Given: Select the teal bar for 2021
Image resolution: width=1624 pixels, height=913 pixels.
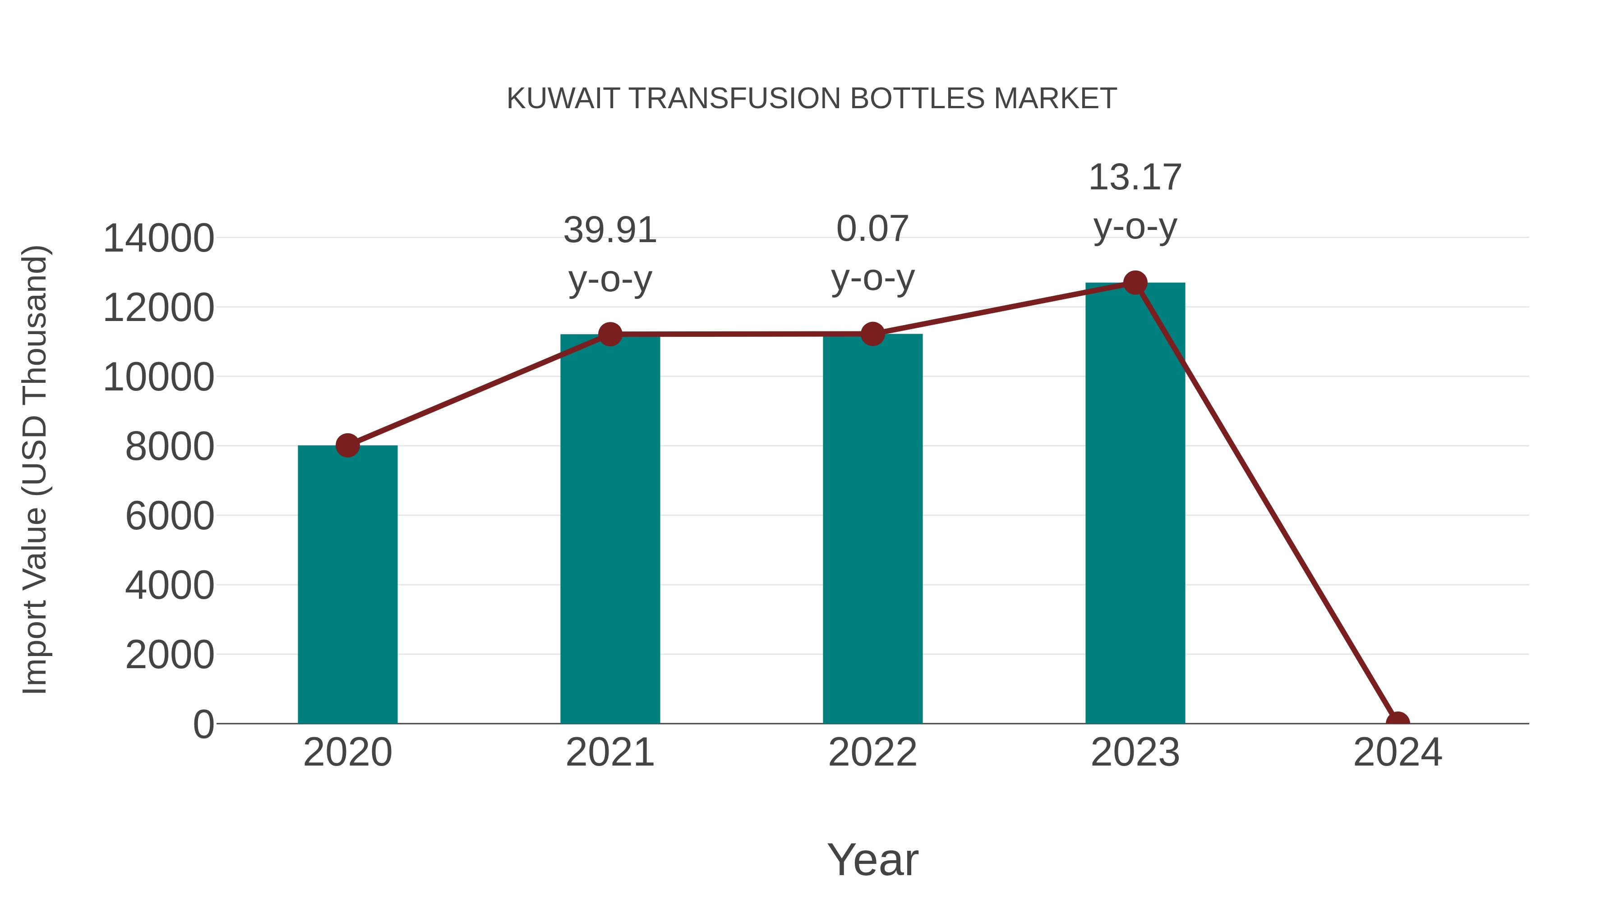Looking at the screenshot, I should coord(609,529).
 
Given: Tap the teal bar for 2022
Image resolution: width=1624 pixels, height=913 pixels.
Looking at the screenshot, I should coord(872,529).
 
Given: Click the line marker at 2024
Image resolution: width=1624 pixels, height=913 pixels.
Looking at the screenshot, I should coord(1397,722).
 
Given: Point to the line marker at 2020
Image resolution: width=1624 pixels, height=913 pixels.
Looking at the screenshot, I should coord(347,445).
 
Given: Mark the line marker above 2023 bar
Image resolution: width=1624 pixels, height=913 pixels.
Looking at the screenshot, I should coord(1135,283).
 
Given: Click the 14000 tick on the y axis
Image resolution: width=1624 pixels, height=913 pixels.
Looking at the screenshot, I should coord(158,239).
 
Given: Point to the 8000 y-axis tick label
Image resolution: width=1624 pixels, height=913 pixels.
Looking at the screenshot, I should coord(170,447).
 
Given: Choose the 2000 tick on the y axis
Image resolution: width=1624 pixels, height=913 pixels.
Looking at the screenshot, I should coord(170,655).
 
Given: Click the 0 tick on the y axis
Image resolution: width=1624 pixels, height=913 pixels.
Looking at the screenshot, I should coord(203,724).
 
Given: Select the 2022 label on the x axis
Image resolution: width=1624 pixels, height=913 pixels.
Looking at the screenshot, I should coord(872,752).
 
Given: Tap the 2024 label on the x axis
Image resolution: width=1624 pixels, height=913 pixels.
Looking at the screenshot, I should coord(1397,752).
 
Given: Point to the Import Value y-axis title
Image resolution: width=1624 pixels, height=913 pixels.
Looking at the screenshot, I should coord(35,469).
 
